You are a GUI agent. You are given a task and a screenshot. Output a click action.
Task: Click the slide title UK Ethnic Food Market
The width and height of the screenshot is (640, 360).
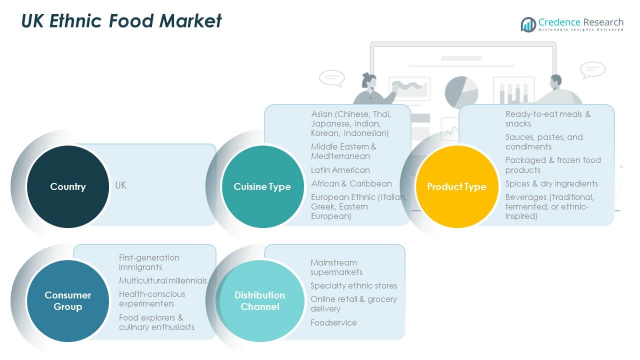click(121, 21)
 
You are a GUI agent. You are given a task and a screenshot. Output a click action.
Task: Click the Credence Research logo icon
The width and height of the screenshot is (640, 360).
click(528, 24)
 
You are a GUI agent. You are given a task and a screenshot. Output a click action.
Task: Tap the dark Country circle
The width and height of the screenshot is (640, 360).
click(68, 186)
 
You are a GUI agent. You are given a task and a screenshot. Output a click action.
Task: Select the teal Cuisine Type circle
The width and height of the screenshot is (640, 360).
click(262, 186)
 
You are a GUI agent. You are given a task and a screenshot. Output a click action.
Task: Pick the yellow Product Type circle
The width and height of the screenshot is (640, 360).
click(456, 186)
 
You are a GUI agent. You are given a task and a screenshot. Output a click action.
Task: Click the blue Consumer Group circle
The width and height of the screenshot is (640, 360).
click(68, 300)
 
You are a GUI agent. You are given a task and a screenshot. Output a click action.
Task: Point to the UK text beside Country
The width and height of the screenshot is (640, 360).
click(120, 185)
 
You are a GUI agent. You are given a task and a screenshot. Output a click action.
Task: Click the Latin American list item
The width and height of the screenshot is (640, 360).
click(340, 170)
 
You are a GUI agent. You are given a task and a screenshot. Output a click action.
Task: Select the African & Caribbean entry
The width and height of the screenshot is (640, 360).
click(351, 183)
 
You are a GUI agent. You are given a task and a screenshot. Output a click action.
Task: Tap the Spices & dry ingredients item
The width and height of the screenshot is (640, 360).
click(551, 183)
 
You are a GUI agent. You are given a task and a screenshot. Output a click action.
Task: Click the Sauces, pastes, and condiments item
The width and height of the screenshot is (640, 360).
click(544, 141)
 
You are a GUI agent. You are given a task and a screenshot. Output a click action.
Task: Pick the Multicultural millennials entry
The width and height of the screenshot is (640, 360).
click(163, 280)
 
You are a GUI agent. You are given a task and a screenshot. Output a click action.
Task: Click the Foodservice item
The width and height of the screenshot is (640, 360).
click(333, 322)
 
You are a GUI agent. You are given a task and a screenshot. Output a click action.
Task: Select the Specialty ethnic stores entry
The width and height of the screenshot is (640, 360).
click(353, 285)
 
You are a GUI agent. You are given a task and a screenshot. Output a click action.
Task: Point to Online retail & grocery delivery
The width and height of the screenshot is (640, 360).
click(353, 303)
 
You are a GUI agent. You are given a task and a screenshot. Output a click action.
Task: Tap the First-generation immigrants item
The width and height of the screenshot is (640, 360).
click(149, 262)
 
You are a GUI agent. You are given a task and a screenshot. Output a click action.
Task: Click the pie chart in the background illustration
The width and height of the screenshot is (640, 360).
click(461, 92)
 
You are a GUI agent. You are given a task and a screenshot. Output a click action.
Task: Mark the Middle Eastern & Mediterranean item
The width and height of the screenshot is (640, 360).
click(343, 151)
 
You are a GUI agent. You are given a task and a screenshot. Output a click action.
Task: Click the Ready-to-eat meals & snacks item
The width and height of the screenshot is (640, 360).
click(547, 118)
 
